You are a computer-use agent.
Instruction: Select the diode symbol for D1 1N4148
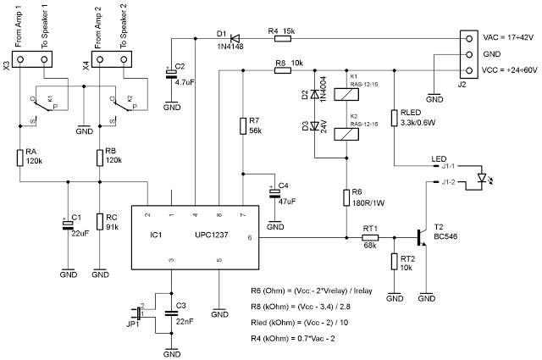[235, 37]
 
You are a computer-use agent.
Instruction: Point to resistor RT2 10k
[395, 263]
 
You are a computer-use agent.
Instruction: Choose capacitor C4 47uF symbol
[275, 193]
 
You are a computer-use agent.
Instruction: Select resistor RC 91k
[100, 222]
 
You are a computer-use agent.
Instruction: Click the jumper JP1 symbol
[140, 314]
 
